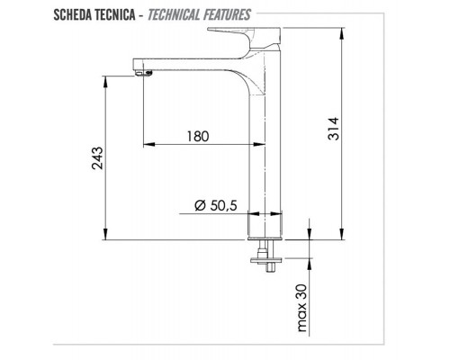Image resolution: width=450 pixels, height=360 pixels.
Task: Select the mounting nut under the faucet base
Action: pos(265,262)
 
